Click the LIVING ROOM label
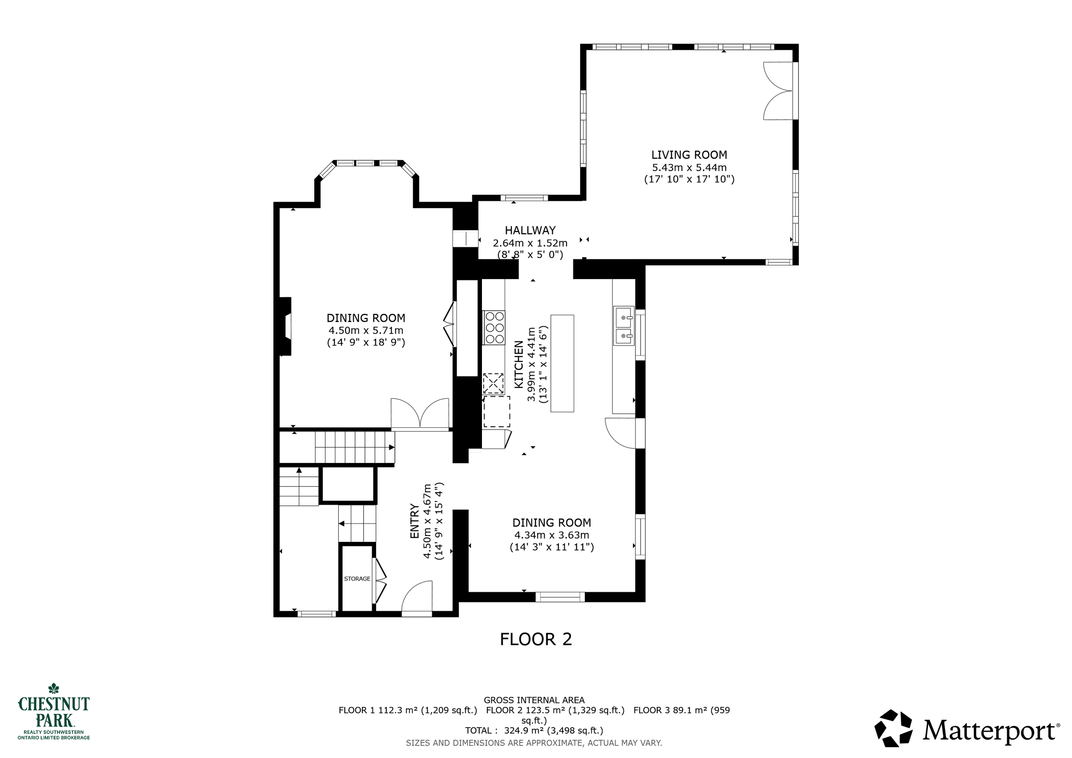pyautogui.click(x=689, y=155)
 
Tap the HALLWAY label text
pyautogui.click(x=530, y=230)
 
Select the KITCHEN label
pyautogui.click(x=519, y=364)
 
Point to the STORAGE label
pyautogui.click(x=357, y=579)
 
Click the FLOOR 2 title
pyautogui.click(x=536, y=639)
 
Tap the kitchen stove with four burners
pyautogui.click(x=494, y=328)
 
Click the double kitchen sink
pyautogui.click(x=624, y=326)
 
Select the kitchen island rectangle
pyautogui.click(x=562, y=363)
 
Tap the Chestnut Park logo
pyautogui.click(x=54, y=711)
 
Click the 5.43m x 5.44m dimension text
pyautogui.click(x=689, y=168)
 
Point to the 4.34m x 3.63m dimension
pyautogui.click(x=551, y=535)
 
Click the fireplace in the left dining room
pyautogui.click(x=285, y=326)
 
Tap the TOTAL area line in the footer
pyautogui.click(x=534, y=731)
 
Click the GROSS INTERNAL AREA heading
pyautogui.click(x=534, y=700)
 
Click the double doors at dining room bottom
pyautogui.click(x=420, y=413)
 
